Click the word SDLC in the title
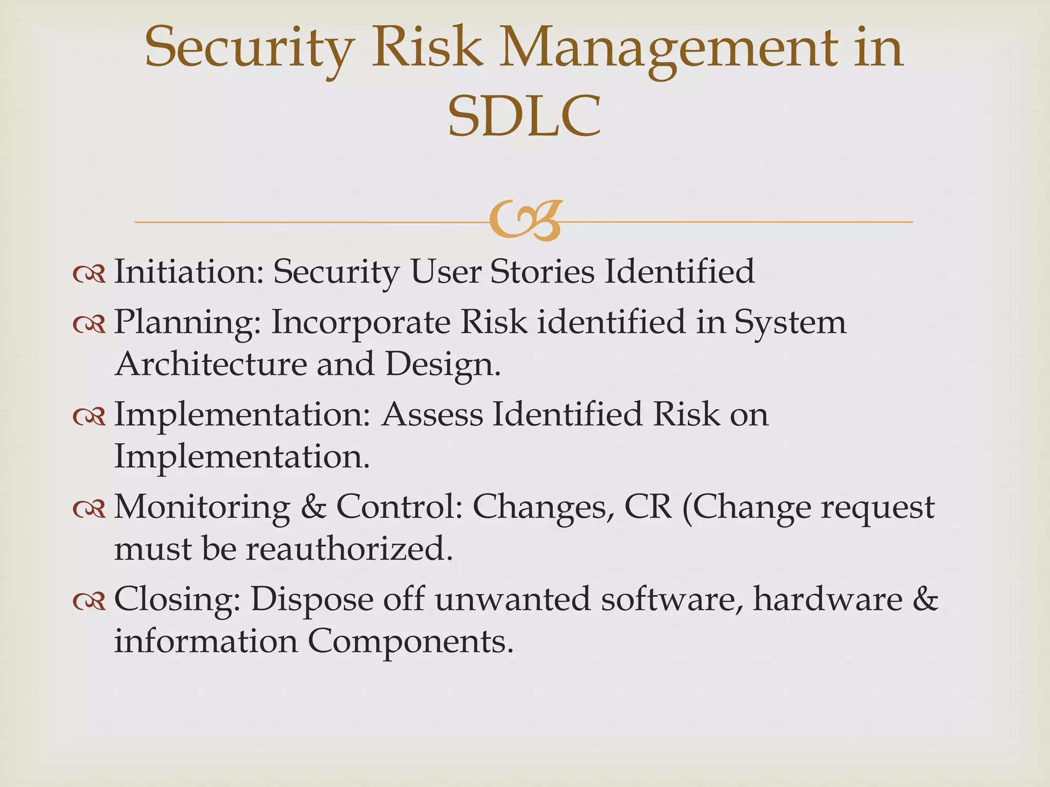[524, 117]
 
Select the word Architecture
[210, 364]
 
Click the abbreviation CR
[648, 507]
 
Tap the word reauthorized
[349, 549]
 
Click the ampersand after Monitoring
[313, 507]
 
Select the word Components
[410, 641]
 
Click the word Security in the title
[250, 49]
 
